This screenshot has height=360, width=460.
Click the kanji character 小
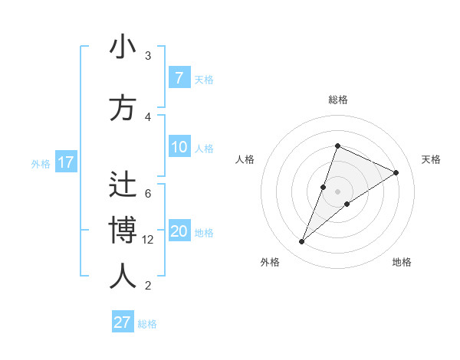(123, 47)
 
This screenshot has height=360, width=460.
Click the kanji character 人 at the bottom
(123, 277)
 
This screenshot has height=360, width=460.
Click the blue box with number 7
(179, 78)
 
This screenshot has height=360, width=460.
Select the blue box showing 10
(179, 147)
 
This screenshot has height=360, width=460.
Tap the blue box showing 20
(179, 231)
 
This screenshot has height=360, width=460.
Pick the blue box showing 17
(65, 162)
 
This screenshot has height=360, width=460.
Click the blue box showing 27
(123, 322)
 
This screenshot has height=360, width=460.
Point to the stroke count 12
(148, 240)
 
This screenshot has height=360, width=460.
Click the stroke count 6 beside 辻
(148, 194)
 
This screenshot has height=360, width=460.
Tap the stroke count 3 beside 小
(148, 56)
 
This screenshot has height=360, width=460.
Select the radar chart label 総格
(337, 100)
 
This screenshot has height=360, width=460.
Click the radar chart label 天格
(431, 159)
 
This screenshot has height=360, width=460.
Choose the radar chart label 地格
(402, 262)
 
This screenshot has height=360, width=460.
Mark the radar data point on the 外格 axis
(302, 242)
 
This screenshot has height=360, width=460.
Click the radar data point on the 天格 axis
(396, 173)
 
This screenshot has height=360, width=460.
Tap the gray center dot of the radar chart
(337, 191)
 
